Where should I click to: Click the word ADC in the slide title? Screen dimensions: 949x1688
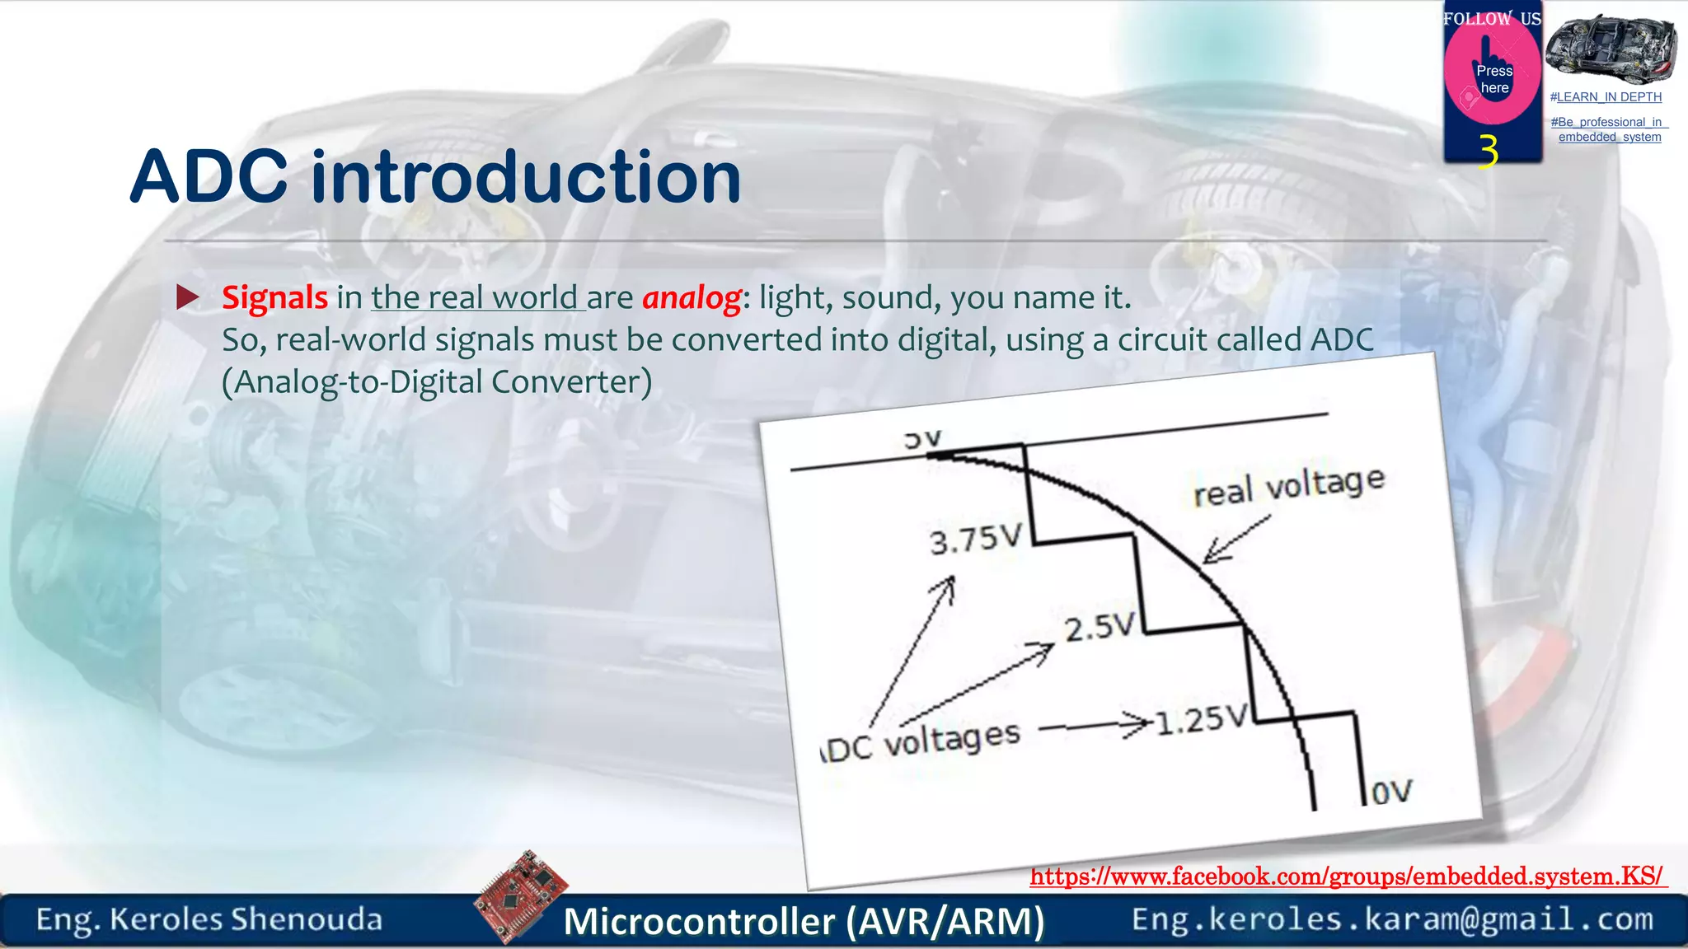tap(209, 177)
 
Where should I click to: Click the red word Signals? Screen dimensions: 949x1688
tap(274, 298)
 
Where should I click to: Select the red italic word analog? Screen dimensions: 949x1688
tap(692, 298)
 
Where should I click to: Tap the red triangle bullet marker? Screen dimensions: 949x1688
tap(188, 297)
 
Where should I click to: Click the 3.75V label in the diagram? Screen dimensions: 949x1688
tap(976, 540)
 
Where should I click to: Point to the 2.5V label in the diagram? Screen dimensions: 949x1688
tap(1100, 629)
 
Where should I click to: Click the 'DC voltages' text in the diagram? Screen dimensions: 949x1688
tap(921, 742)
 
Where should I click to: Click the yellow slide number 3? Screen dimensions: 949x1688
tap(1488, 152)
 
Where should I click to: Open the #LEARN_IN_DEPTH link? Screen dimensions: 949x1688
tap(1605, 97)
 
